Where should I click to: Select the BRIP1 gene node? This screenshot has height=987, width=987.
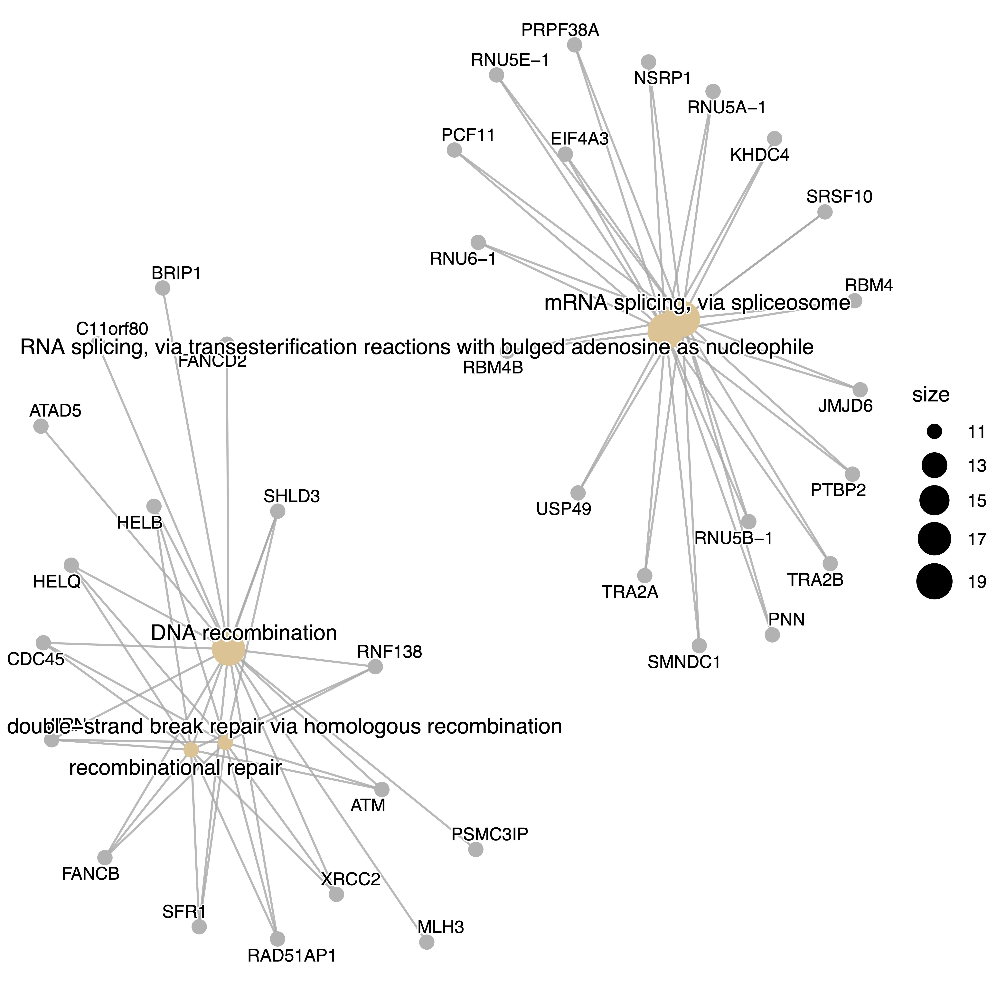point(163,288)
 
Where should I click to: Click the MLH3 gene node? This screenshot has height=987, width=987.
point(427,942)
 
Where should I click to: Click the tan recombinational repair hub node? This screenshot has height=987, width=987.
point(191,749)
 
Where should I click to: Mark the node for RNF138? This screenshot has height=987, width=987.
point(375,667)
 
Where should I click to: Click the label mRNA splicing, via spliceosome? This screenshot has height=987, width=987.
point(697,303)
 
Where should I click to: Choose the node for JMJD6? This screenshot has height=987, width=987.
point(860,389)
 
